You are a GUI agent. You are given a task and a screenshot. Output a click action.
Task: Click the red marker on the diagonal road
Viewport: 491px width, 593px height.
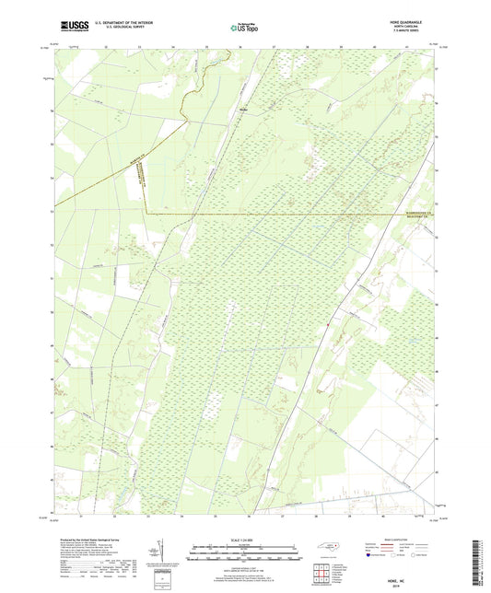click(x=327, y=323)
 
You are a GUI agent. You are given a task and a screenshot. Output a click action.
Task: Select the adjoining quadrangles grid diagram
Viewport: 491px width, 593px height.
click(x=321, y=575)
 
